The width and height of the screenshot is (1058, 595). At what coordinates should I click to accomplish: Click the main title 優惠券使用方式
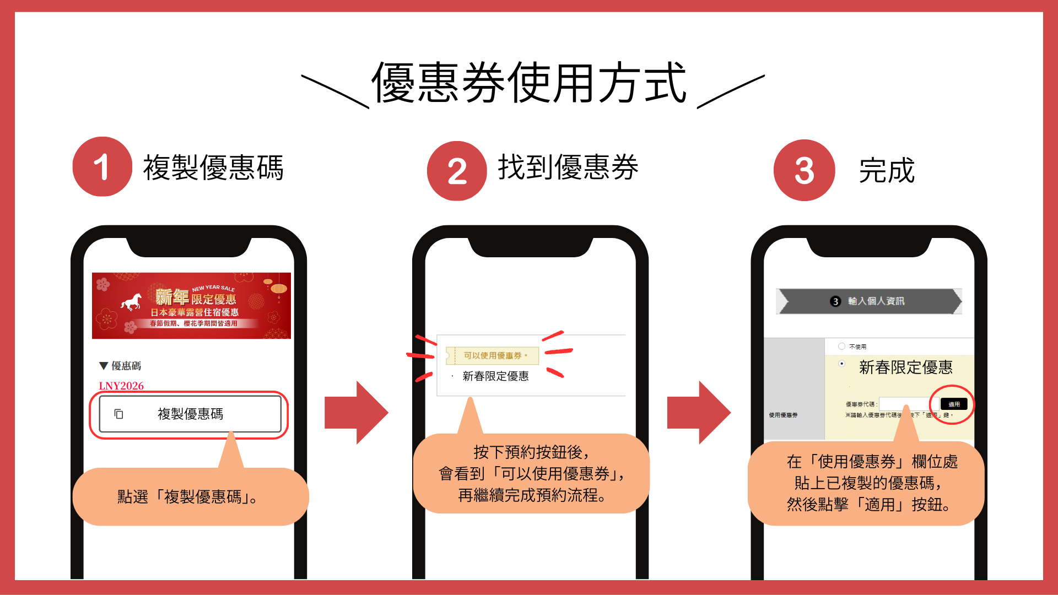click(x=529, y=83)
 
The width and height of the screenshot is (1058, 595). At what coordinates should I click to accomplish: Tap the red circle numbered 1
click(x=102, y=166)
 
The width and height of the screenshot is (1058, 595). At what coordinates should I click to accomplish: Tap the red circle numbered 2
click(x=457, y=171)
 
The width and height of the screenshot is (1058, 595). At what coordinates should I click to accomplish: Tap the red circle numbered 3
click(x=804, y=170)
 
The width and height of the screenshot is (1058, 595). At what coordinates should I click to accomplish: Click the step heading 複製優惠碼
click(x=213, y=167)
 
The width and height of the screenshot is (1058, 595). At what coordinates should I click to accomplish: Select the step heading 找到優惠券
click(x=568, y=167)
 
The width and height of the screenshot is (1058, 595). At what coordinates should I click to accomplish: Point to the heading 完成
click(x=887, y=170)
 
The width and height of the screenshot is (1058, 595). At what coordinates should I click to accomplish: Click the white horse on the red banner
click(x=132, y=302)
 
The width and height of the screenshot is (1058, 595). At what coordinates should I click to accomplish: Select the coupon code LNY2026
click(x=121, y=386)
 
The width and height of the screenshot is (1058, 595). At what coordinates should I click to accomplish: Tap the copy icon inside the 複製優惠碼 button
click(x=118, y=414)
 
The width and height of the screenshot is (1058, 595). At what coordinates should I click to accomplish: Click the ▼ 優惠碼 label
click(x=120, y=366)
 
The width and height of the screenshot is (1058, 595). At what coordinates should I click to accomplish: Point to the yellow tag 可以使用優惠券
click(x=492, y=355)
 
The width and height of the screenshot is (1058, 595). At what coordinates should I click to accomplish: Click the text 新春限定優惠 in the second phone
click(x=495, y=376)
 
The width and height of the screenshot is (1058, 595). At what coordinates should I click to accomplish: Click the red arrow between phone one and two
click(x=357, y=412)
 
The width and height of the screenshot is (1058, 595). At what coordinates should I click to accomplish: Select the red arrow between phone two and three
click(x=699, y=412)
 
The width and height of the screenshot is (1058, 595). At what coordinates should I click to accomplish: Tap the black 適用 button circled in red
click(x=953, y=404)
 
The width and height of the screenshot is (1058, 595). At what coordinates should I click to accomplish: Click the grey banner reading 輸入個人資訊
click(x=868, y=301)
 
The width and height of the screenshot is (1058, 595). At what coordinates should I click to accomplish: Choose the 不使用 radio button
click(x=841, y=347)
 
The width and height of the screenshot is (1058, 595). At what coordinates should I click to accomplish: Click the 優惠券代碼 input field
click(x=908, y=404)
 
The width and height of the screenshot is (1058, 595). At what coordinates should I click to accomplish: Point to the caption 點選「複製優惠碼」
click(x=187, y=497)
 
